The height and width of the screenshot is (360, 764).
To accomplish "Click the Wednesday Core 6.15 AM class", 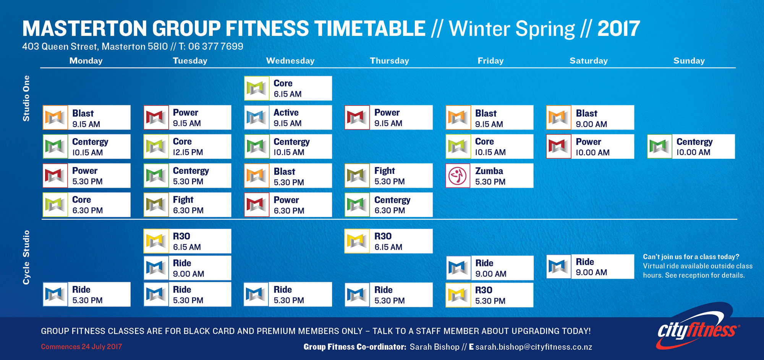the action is pos(288,88).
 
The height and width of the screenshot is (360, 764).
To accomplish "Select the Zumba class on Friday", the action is pos(489,176).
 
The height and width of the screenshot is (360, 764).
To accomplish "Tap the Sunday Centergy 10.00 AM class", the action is pos(691,146).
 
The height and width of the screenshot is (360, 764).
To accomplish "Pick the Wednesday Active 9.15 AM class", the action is pos(288,117).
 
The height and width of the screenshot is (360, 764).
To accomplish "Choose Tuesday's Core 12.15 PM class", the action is pos(187,146).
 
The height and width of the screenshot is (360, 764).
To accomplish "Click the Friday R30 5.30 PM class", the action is pos(489,295).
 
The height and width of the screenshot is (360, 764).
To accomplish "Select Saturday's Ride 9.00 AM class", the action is pos(590,266).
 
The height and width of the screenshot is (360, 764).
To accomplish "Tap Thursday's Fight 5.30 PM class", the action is pos(388,176).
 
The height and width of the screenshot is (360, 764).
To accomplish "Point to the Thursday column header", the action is pos(389,61).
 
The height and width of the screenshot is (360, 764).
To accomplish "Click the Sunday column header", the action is pos(689,61).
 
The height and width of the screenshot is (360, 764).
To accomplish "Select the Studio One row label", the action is pos(26,98).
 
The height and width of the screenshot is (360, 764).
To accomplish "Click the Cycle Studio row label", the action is pos(26,257).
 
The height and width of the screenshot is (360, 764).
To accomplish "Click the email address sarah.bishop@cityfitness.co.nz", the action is pos(534,347).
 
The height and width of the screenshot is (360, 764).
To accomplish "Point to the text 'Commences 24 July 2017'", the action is pos(81,347).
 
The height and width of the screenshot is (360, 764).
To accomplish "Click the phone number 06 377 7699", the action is pos(215,47).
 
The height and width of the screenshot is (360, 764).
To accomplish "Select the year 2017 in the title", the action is pos(618,29).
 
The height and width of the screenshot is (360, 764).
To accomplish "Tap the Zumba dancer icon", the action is pos(458,176).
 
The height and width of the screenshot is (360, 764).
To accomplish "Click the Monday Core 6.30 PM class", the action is pos(86,205).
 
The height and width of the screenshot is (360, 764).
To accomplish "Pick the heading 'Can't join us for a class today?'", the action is pos(691,257).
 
